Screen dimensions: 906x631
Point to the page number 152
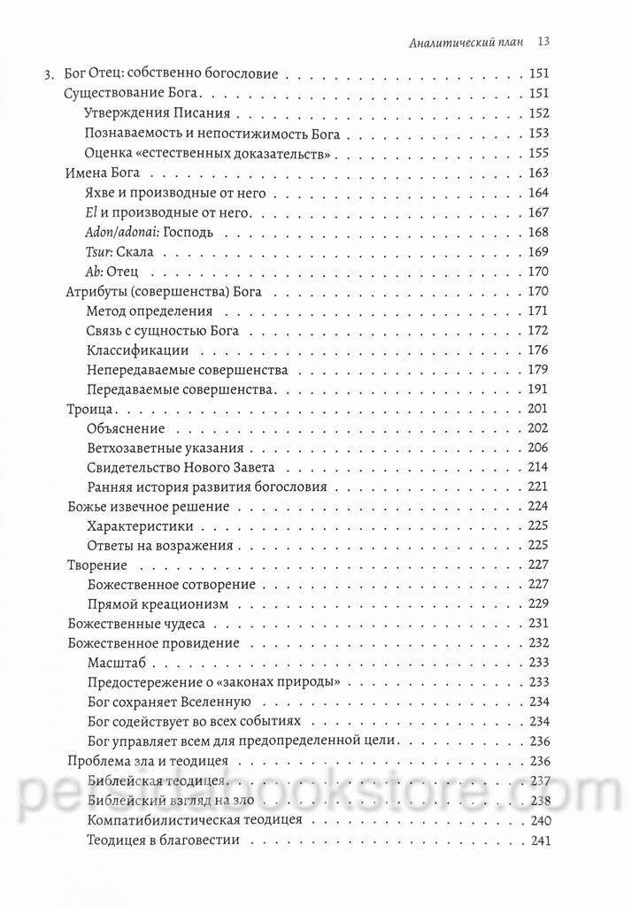(538, 113)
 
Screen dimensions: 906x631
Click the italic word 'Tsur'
(102, 251)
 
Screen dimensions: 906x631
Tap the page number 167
(538, 212)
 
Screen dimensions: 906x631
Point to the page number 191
(538, 389)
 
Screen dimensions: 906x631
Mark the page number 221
(538, 488)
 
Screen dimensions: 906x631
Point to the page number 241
(538, 840)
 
